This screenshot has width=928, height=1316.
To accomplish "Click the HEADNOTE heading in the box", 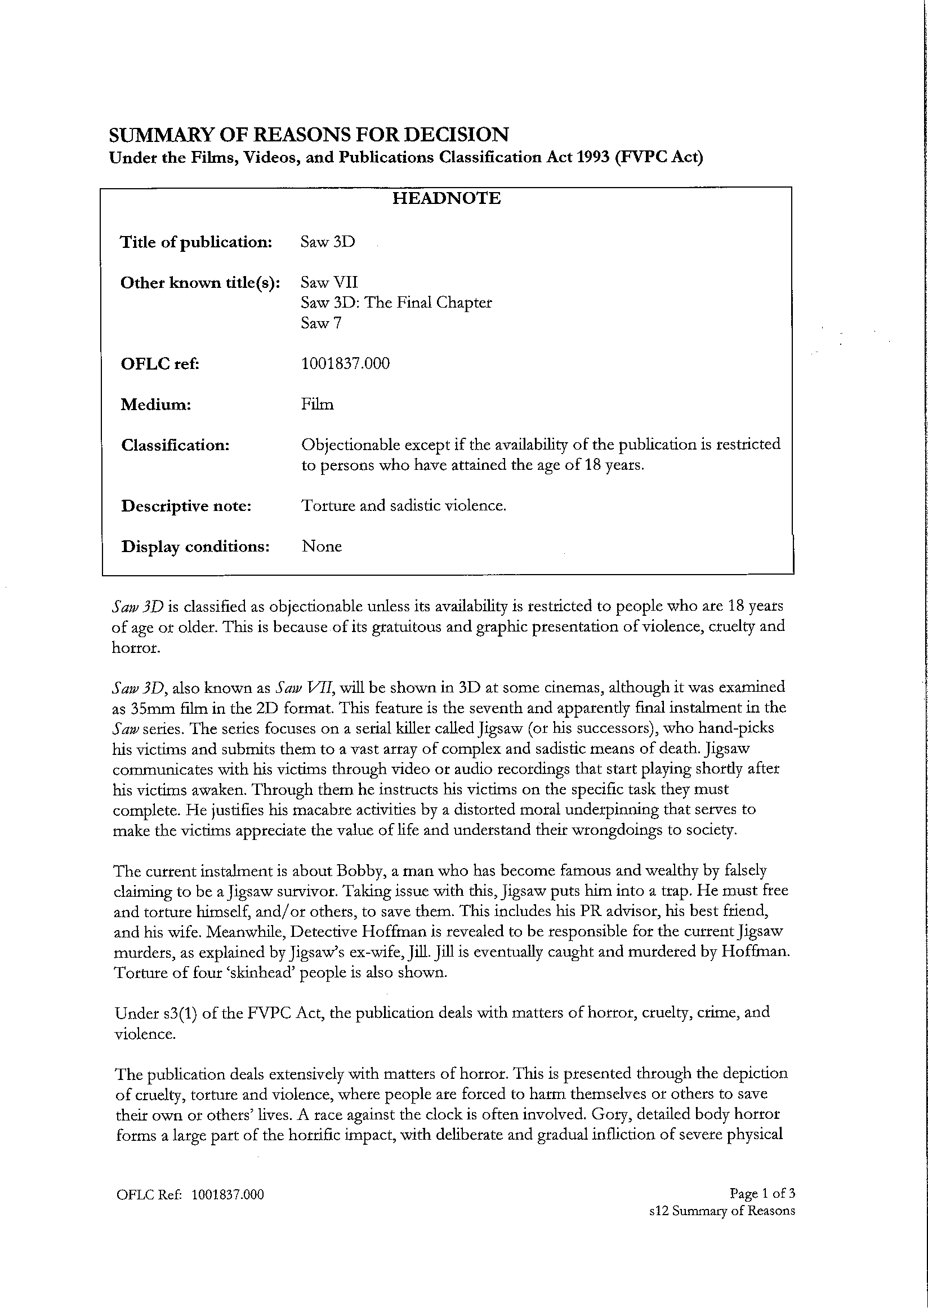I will click(446, 199).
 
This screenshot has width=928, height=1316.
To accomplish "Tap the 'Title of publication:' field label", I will click(196, 242).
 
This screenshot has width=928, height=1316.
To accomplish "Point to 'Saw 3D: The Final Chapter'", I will click(396, 303).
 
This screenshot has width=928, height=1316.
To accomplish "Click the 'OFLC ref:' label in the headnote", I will click(159, 364).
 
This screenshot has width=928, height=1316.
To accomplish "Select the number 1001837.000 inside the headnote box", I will click(345, 364).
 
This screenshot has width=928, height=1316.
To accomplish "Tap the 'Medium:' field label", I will click(155, 405).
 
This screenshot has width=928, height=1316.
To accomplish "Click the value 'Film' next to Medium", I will click(318, 405).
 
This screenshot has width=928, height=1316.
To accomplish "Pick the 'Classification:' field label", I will click(175, 446).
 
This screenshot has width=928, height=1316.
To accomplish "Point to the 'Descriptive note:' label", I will click(186, 506).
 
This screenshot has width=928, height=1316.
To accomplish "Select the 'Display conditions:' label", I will click(195, 547).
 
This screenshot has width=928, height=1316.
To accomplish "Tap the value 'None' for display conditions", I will click(322, 547).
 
